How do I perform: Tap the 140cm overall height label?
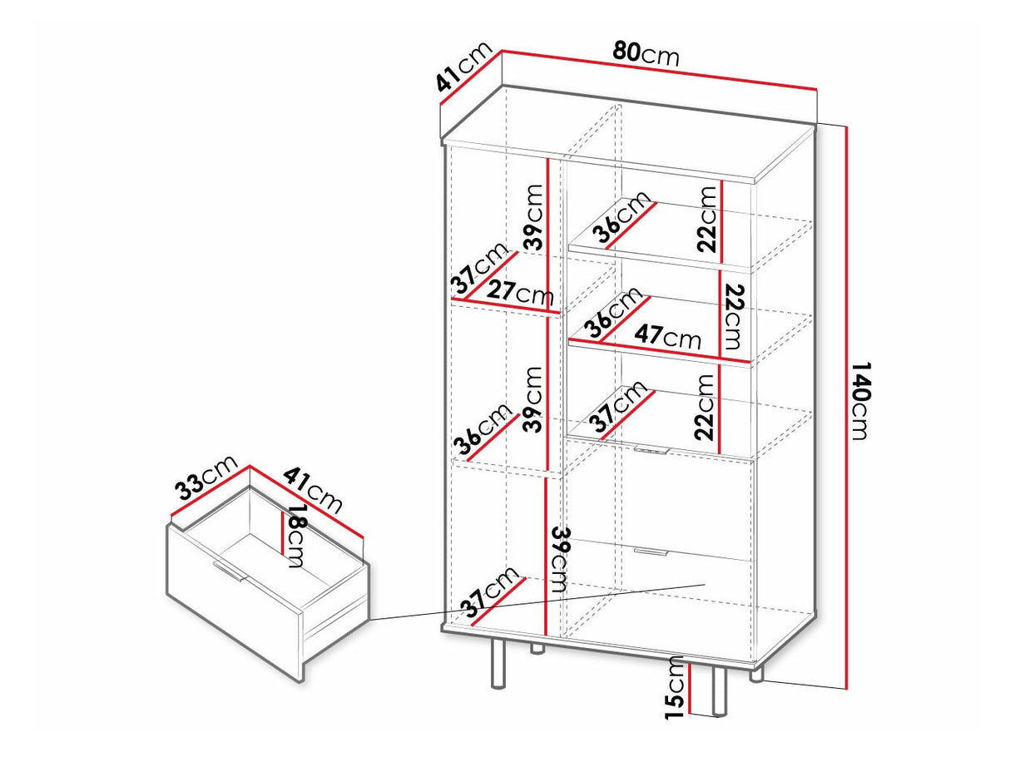[x=859, y=401]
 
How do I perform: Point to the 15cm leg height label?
[x=675, y=694]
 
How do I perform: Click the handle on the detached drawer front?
[x=228, y=571]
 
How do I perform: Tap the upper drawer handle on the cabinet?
[x=651, y=450]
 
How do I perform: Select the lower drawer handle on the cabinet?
[x=651, y=552]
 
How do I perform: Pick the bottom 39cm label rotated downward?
[x=560, y=559]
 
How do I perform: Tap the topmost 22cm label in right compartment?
[x=707, y=219]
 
